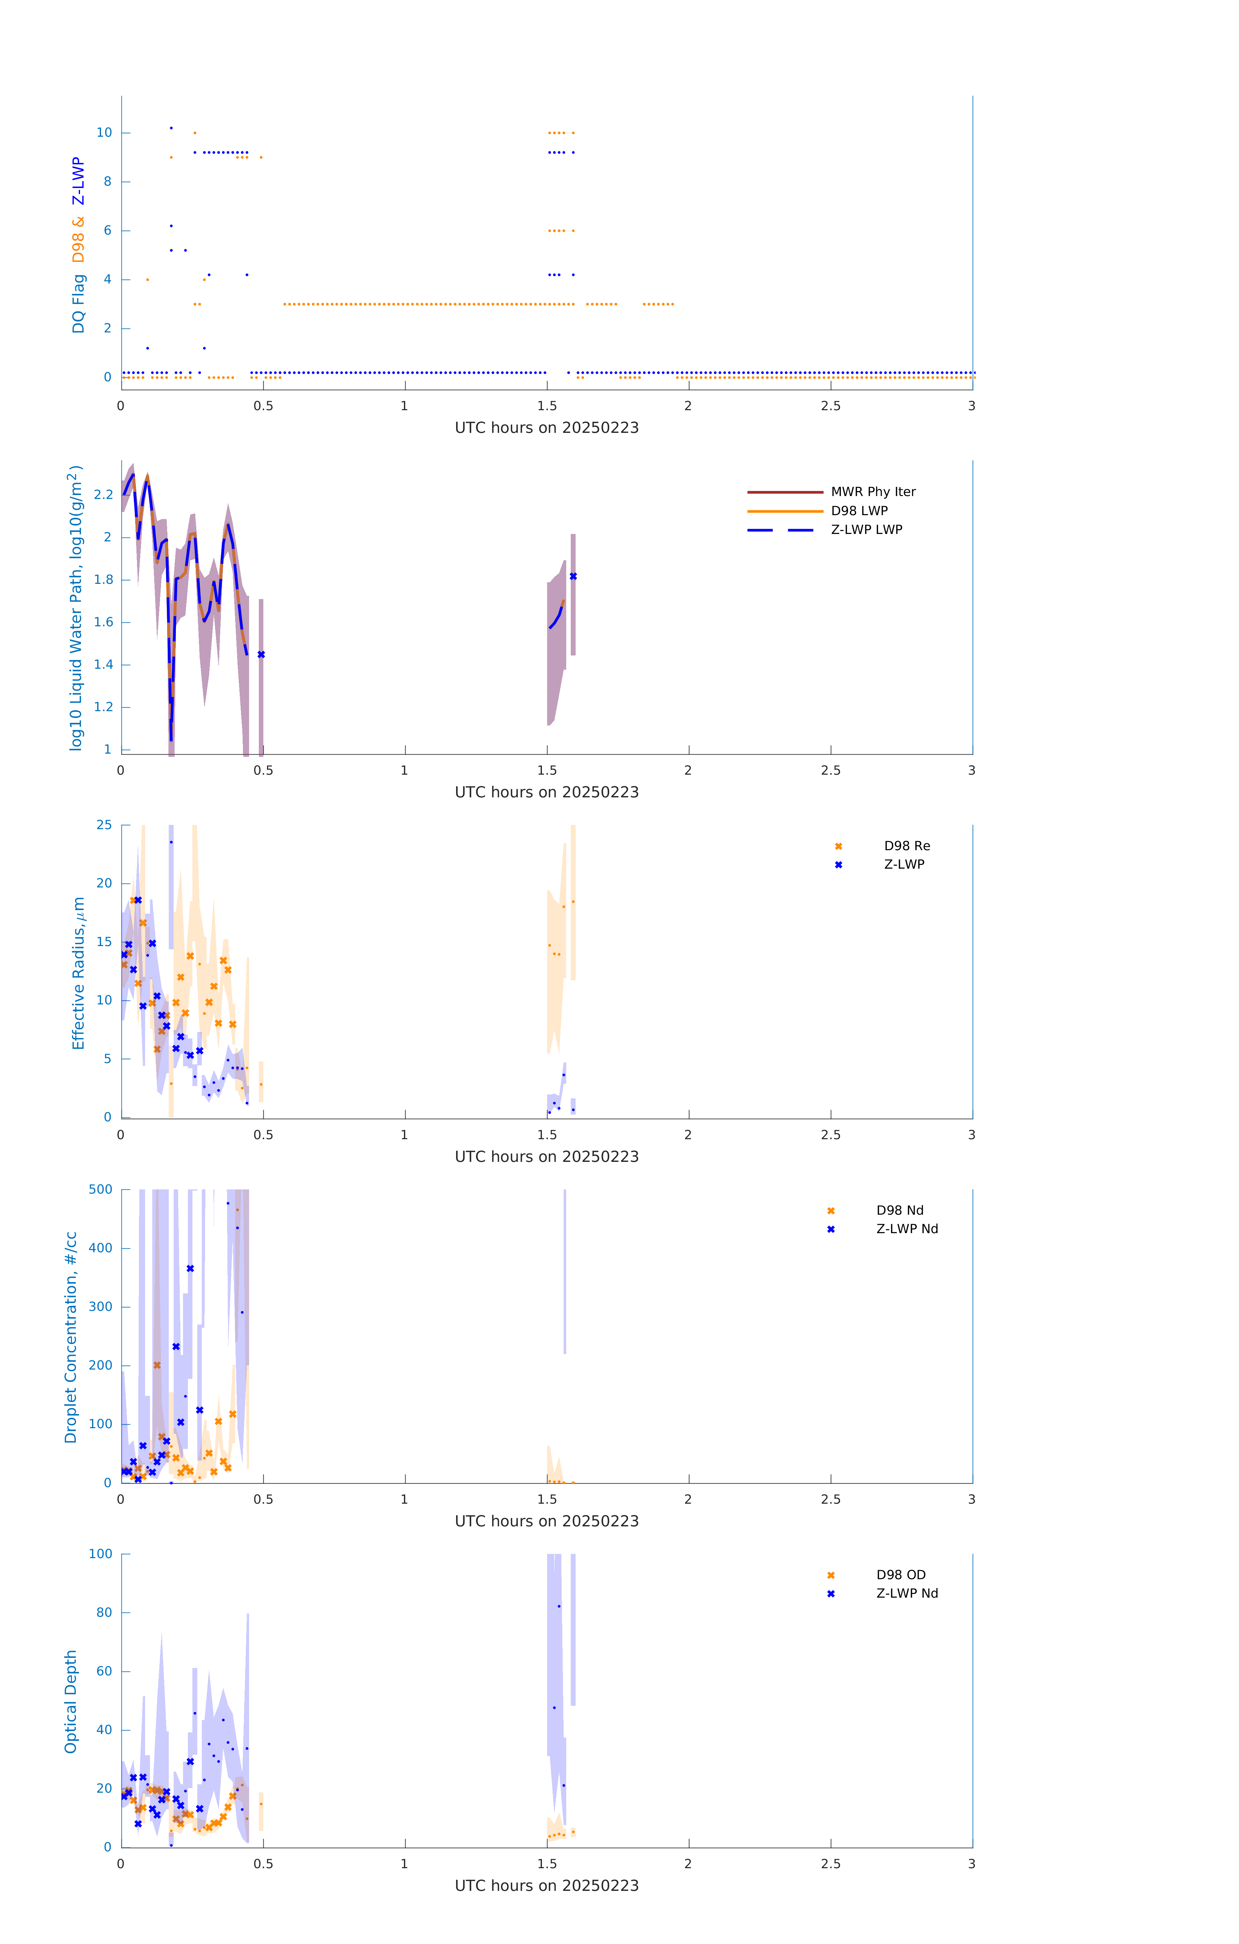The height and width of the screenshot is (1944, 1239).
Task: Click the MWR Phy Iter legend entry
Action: tap(873, 492)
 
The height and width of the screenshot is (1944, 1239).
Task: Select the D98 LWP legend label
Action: tap(859, 511)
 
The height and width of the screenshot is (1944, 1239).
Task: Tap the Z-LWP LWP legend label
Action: tap(866, 530)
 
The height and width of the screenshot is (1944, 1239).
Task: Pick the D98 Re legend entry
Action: tap(906, 846)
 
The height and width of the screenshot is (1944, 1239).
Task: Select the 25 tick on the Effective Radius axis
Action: tap(104, 825)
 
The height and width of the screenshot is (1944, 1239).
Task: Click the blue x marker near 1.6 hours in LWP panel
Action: tap(573, 576)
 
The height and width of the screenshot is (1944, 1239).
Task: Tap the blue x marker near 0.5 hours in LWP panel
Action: tap(261, 655)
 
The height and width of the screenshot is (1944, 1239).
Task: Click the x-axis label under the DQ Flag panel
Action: tap(546, 428)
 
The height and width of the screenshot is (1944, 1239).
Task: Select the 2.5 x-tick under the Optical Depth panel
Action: tap(831, 1864)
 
